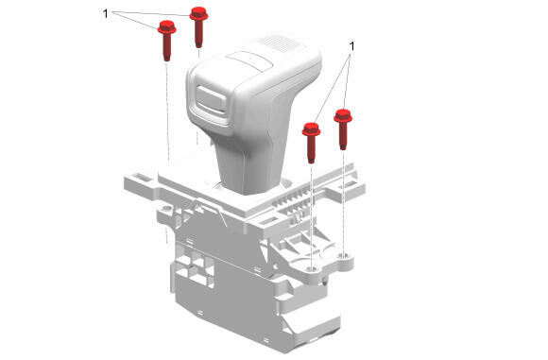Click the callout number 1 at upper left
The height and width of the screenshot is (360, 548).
click(x=105, y=13)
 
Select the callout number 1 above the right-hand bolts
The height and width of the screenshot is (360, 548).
click(x=351, y=45)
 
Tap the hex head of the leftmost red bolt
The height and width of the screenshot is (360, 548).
click(x=166, y=27)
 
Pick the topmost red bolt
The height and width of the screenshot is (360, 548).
click(x=198, y=26)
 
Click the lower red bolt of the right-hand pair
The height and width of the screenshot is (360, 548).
click(x=311, y=143)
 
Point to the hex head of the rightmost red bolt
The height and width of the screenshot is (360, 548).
click(x=343, y=116)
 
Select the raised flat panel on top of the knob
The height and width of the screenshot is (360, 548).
click(x=249, y=60)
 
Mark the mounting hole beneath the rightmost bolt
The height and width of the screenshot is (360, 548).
click(x=344, y=255)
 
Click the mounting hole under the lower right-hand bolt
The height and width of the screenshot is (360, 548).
click(x=312, y=268)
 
